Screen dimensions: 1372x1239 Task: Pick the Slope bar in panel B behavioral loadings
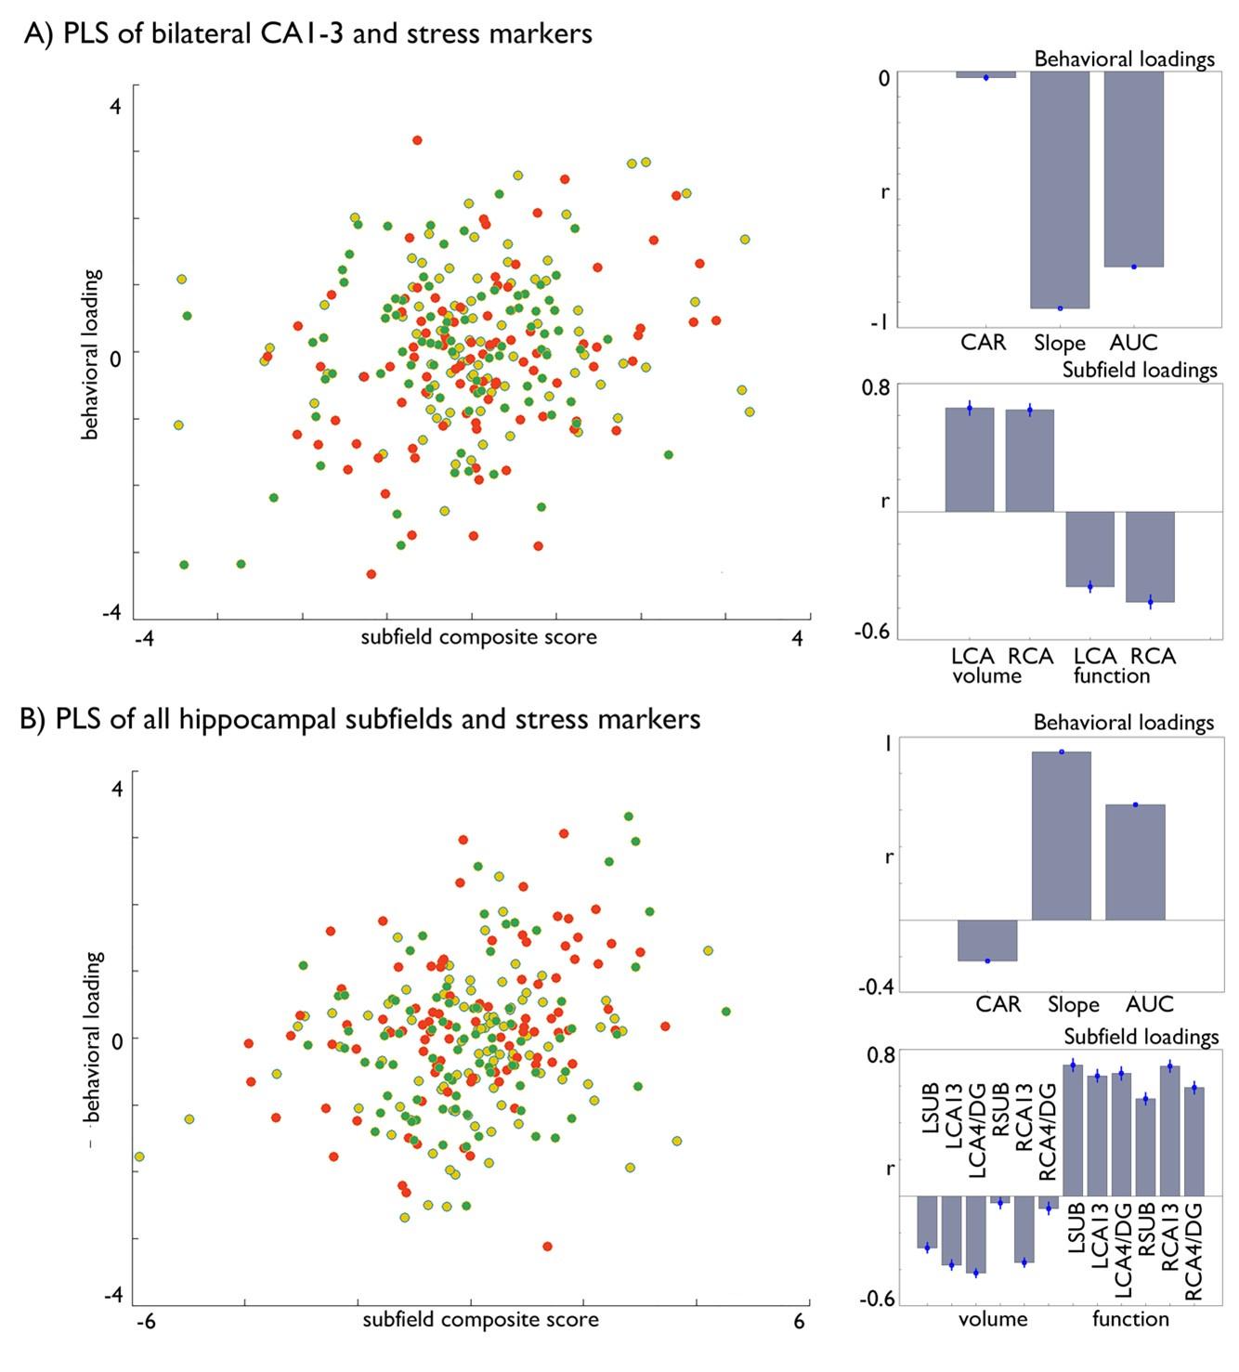click(1062, 836)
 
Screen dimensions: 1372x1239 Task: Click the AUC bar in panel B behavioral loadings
click(1135, 862)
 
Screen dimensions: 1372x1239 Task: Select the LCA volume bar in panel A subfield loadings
click(969, 460)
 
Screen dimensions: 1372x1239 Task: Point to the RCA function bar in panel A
click(1150, 556)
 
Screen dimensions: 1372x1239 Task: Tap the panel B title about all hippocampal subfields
click(359, 719)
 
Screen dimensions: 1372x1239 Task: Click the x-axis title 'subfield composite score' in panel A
click(478, 637)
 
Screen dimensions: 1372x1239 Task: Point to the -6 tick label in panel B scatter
click(146, 1322)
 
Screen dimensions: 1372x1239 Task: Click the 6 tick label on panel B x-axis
click(800, 1322)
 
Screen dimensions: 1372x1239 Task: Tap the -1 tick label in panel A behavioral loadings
click(880, 323)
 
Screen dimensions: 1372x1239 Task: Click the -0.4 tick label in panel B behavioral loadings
click(875, 987)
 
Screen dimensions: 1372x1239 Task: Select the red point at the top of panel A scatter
click(417, 140)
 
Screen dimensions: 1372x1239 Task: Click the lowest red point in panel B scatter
click(547, 1247)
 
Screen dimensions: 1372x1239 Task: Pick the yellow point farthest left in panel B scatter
click(139, 1156)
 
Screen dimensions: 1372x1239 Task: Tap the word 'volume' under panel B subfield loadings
click(993, 1319)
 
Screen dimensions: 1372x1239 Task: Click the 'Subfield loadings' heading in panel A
click(1139, 370)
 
